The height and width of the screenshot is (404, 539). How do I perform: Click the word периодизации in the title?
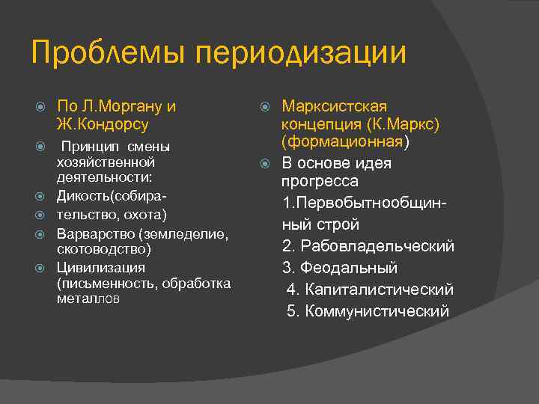point(300,54)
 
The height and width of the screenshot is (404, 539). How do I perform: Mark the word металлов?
point(88,299)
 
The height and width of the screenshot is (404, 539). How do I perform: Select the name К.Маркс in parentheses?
point(409,124)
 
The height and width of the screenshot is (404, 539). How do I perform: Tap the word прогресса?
point(320,182)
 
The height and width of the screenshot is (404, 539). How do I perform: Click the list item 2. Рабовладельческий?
point(368,246)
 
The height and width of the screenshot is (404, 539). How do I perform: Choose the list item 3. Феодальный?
point(340,268)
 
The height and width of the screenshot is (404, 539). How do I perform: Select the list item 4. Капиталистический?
point(370,290)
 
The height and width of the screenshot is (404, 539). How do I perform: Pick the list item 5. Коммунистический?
point(368,310)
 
